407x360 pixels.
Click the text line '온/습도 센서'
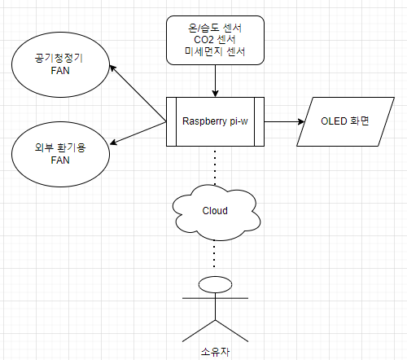point(215,28)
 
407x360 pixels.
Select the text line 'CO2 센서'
point(215,40)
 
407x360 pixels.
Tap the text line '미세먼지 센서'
point(215,51)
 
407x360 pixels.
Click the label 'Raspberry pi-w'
point(215,121)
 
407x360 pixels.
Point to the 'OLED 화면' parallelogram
point(345,121)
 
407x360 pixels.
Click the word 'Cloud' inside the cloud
point(215,211)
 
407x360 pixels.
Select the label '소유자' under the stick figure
point(215,352)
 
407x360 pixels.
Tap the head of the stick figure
point(215,284)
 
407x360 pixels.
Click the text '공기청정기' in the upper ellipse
point(59,58)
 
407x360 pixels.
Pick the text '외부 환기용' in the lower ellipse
point(60,147)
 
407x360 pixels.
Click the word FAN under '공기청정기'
point(60,71)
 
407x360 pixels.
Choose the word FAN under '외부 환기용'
point(60,160)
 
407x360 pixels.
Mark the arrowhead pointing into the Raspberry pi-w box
point(215,93)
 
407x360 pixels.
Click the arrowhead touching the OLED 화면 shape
point(301,121)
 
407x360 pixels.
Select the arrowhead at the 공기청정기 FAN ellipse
point(112,68)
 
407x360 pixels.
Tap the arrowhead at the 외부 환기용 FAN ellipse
point(113,143)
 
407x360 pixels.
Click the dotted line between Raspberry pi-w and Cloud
point(215,166)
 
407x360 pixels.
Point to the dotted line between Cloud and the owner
point(214,253)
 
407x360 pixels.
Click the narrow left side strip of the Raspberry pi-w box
point(171,121)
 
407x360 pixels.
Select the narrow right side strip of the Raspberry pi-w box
point(259,121)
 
